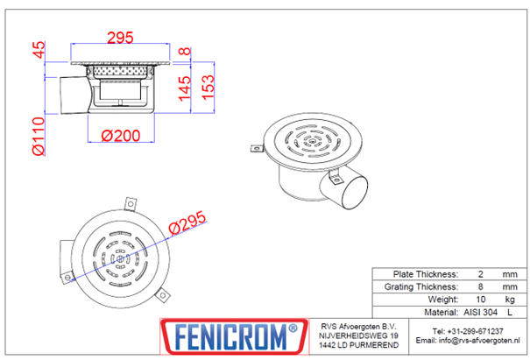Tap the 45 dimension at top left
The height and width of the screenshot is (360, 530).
point(38,51)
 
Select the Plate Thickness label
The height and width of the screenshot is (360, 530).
point(427,273)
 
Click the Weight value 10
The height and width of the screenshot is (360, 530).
point(482,299)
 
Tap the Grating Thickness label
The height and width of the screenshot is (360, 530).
point(420,286)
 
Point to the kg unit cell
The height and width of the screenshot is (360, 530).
point(510,299)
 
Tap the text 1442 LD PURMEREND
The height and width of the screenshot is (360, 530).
point(354,347)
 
